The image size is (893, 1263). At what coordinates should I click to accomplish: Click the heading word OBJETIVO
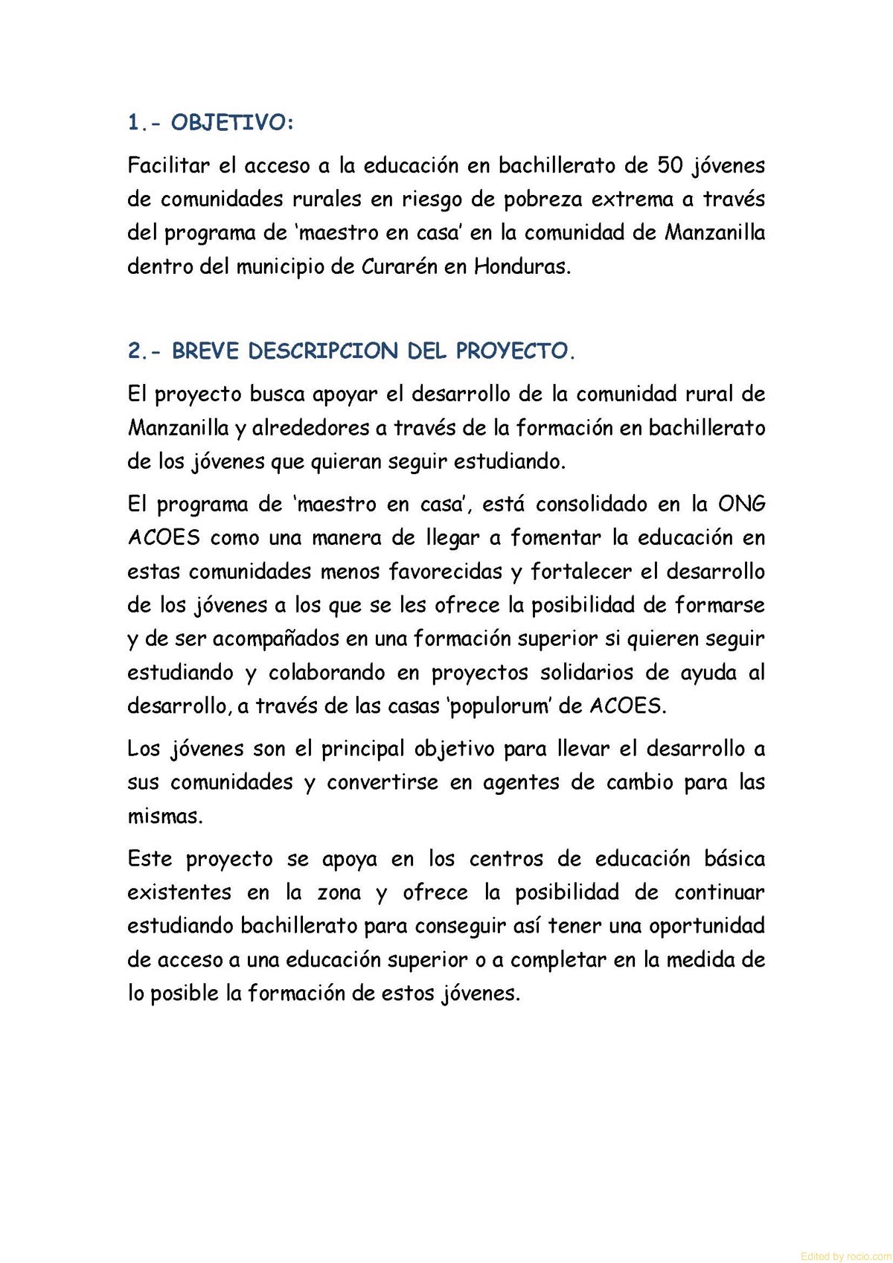click(232, 123)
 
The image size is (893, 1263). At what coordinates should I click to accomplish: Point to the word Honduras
click(522, 266)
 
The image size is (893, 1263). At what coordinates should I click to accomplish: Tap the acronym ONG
click(741, 504)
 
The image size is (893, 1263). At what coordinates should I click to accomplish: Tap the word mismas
click(164, 816)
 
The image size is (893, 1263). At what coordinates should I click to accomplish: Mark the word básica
click(734, 859)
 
